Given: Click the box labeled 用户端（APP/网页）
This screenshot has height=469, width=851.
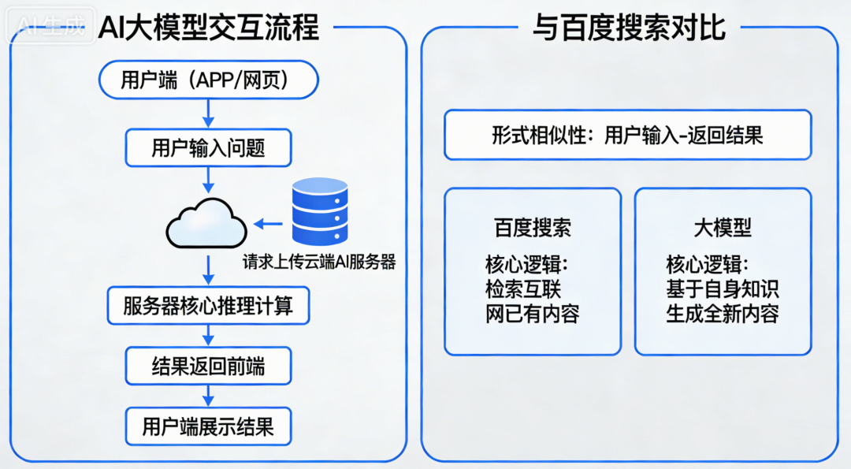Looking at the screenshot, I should pos(208,80).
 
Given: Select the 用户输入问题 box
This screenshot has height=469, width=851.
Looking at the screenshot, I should pos(208,147).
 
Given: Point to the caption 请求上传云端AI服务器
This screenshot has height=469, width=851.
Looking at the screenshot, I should pos(319,262).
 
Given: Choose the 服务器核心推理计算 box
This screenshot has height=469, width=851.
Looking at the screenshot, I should pos(208,306).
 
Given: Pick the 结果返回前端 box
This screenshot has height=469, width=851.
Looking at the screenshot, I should pos(208,366).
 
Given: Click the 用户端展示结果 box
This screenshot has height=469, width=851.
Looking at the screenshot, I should pos(208,427).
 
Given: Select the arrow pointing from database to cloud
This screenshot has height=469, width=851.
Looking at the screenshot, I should pos(268,225).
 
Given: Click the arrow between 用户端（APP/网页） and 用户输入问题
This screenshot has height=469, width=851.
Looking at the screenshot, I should pos(208,114).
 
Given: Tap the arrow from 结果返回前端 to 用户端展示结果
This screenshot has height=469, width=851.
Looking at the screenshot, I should pos(208,396).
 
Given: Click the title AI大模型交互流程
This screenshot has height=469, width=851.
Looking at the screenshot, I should pos(209,28).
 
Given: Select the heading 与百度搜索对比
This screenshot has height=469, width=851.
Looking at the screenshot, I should pos(628,28).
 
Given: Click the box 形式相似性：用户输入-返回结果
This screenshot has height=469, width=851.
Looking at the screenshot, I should pos(627,135).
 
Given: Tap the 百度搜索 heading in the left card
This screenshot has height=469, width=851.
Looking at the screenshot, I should pos(532,228).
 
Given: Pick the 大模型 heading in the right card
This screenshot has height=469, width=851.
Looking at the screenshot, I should pos(723,228).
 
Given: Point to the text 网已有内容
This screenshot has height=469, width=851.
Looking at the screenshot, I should pos(532,314).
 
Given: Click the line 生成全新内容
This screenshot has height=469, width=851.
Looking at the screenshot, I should pos(723,314).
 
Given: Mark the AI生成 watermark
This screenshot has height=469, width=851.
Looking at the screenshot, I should pos(52,28).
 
